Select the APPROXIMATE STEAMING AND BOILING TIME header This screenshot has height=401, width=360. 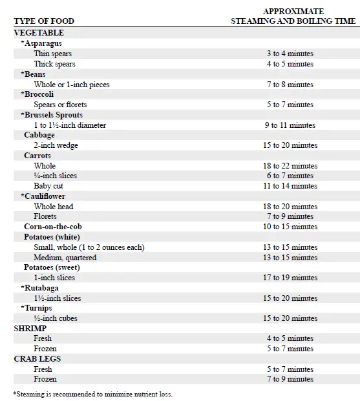pos(293,16)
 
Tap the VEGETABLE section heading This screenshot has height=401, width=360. pos(39,32)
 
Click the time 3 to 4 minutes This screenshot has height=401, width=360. pos(290,54)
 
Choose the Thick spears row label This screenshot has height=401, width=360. pos(54,64)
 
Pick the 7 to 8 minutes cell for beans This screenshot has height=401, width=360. pos(290,85)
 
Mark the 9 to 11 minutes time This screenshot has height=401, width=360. pos(290,125)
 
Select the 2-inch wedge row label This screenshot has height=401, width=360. pos(56,145)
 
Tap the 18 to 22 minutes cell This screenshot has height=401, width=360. pos(290,166)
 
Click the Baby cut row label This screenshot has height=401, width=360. pos(48,186)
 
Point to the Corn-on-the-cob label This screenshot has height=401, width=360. pos(53,227)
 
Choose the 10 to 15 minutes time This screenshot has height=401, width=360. pos(290,227)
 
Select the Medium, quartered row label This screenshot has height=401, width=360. pos(65,258)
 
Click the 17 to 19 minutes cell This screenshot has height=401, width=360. pos(290,278)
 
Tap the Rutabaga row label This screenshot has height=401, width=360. pos(44,288)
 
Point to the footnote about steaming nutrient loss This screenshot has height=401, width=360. pos(93,393)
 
